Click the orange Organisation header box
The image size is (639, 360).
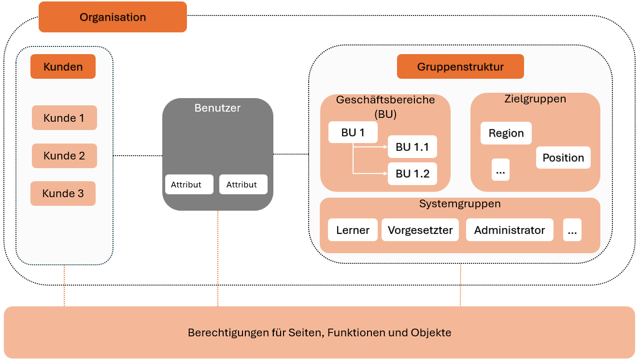tap(113, 17)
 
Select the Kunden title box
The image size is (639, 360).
tap(63, 67)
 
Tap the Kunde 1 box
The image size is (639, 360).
tap(64, 117)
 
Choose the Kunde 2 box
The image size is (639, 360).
tap(64, 156)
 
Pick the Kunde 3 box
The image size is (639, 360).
tap(63, 193)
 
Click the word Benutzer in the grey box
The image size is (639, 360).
tap(217, 108)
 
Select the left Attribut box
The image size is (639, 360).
tap(189, 185)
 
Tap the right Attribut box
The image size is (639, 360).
tap(243, 185)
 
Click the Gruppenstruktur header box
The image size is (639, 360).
tap(460, 67)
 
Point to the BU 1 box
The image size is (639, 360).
tap(353, 132)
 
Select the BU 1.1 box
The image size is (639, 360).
tap(412, 147)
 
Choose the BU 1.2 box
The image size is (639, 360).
tap(412, 173)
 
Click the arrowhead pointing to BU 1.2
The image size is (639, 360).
tap(386, 173)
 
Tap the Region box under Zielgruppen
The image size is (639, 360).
tap(506, 133)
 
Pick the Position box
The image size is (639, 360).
tap(563, 158)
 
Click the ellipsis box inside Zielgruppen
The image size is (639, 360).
tap(500, 170)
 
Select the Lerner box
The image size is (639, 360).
tap(353, 230)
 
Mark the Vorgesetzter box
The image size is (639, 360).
tap(420, 230)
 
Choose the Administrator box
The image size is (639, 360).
tap(510, 230)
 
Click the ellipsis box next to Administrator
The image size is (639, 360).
tap(572, 230)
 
